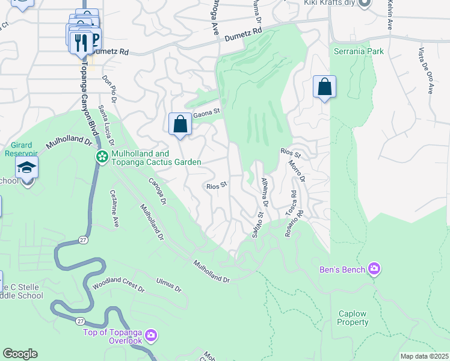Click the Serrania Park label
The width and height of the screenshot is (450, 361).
pos(359,52)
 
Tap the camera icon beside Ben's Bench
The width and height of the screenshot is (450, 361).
pos(374,268)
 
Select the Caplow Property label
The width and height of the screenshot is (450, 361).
pos(353,318)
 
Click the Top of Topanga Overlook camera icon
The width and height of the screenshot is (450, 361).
pos(150,335)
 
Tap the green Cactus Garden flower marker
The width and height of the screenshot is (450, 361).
pos(102,157)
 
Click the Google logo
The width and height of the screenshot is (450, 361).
pos(20,354)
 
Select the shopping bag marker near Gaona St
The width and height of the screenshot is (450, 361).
pos(180,125)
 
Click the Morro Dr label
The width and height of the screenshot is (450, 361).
pos(297,171)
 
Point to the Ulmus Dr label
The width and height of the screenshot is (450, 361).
pos(168,285)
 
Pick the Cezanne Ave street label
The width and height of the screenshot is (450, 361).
pos(114,209)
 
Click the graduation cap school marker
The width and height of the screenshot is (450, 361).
pos(27,168)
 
